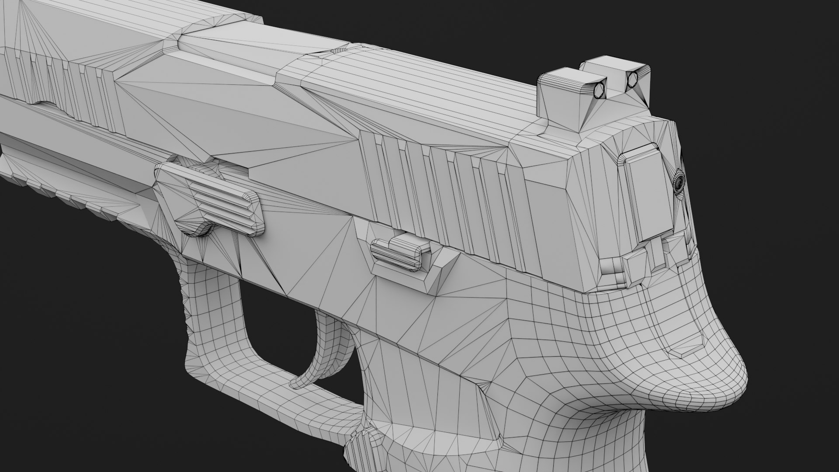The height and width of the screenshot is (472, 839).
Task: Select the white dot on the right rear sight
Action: click(632, 80)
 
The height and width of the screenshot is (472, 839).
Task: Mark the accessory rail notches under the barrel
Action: click(66, 192)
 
